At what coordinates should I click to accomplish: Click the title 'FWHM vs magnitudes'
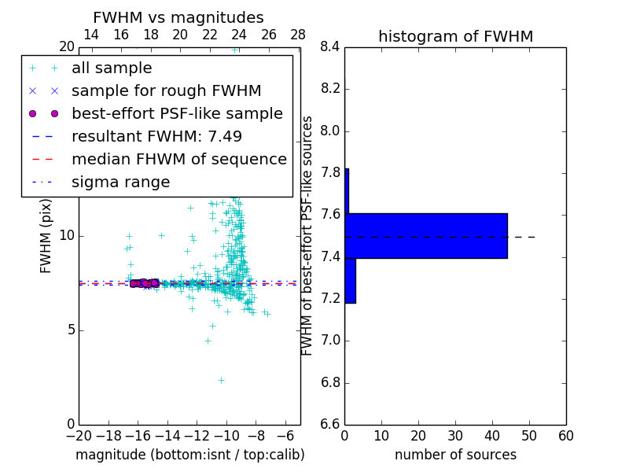[x=178, y=18]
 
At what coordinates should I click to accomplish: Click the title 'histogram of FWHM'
[x=455, y=36]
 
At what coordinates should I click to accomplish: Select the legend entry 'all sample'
[x=112, y=68]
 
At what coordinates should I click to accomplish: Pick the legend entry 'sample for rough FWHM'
[x=166, y=91]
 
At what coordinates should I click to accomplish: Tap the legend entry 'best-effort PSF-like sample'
[x=177, y=114]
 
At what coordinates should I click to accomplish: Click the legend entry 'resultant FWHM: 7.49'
[x=156, y=137]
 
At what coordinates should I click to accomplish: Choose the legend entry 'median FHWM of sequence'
[x=178, y=160]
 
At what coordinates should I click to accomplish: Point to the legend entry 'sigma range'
[x=120, y=183]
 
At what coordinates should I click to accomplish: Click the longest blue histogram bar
[x=426, y=235]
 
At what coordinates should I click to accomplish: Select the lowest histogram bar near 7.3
[x=350, y=280]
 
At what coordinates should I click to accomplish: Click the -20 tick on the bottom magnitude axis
[x=79, y=436]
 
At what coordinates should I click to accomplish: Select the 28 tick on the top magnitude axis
[x=298, y=35]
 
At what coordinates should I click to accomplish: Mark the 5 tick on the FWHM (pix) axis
[x=69, y=330]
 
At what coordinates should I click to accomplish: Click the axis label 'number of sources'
[x=455, y=455]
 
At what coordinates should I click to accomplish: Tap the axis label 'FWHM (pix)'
[x=46, y=237]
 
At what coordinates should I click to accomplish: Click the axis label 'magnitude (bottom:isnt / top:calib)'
[x=189, y=455]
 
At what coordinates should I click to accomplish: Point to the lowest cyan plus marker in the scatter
[x=221, y=380]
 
